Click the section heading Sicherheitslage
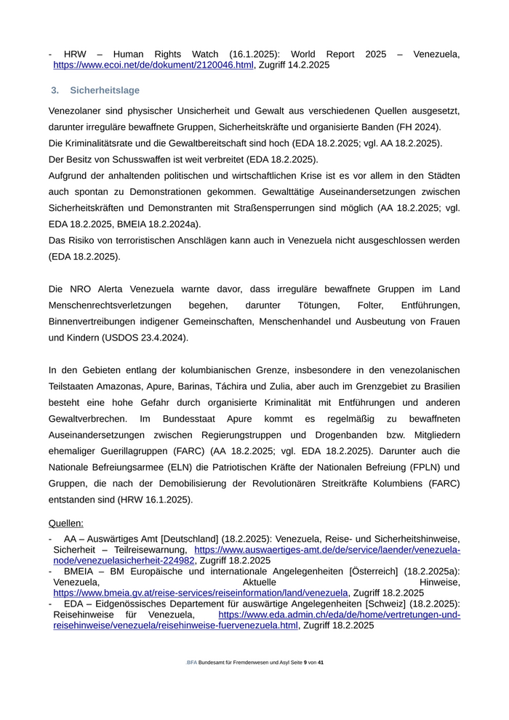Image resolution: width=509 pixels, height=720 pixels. pyautogui.click(x=105, y=90)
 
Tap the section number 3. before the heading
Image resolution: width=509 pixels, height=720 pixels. pyautogui.click(x=55, y=90)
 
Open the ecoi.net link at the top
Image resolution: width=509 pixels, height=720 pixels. pyautogui.click(x=153, y=65)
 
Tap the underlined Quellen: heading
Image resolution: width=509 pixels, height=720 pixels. pyautogui.click(x=66, y=523)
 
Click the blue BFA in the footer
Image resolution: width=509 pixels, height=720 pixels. pyautogui.click(x=192, y=663)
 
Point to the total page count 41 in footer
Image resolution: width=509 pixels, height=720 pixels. pyautogui.click(x=321, y=663)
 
